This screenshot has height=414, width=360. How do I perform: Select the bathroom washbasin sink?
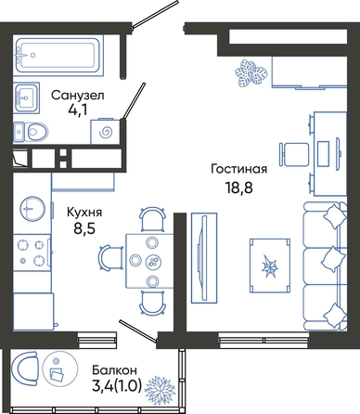[27, 97]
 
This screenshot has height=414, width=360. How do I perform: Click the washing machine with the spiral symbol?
[106, 132]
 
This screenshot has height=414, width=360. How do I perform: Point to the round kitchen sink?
[32, 208]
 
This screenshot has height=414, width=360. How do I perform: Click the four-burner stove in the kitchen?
[32, 252]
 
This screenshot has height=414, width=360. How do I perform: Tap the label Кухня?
[84, 213]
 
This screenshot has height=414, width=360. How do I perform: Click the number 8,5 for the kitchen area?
[84, 228]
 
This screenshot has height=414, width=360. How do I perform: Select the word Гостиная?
[238, 169]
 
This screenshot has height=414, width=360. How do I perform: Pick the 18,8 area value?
[239, 188]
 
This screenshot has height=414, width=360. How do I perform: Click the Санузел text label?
[78, 96]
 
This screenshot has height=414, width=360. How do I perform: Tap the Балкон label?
[114, 369]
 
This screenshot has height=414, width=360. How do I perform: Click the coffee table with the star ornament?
[270, 265]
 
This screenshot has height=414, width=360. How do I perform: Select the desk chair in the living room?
[294, 154]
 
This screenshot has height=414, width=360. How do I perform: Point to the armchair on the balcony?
[24, 369]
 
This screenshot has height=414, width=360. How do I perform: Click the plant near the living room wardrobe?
[251, 73]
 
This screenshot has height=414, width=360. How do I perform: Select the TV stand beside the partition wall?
[204, 258]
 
